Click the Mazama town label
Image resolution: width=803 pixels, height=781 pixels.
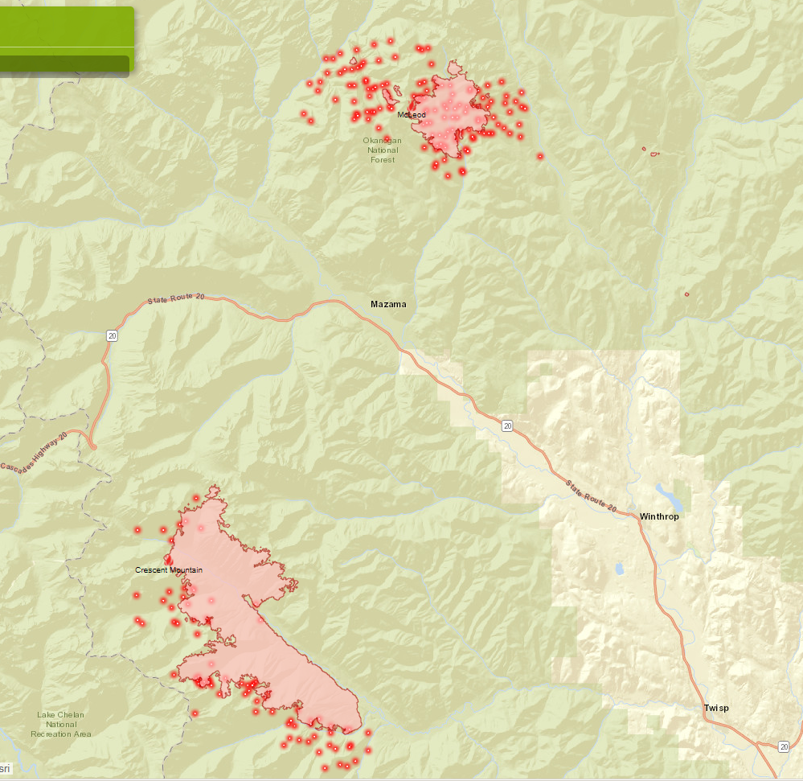(x=388, y=304)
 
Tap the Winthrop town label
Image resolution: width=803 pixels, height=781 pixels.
(x=659, y=516)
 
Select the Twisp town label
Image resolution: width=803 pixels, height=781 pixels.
(x=716, y=708)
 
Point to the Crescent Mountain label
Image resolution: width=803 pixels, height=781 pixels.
(x=169, y=570)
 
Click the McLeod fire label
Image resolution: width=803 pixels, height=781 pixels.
(x=412, y=115)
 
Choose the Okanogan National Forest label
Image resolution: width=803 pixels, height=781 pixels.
(x=383, y=150)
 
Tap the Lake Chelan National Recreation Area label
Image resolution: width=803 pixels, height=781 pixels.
(x=61, y=724)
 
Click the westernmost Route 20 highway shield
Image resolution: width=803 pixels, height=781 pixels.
(x=112, y=335)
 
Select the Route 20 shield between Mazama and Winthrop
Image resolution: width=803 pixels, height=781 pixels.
(x=506, y=425)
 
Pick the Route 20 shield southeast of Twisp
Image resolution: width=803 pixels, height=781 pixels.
(x=784, y=746)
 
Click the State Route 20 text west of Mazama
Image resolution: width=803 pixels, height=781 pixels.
(x=176, y=299)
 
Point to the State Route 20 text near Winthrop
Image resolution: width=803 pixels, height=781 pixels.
(x=590, y=497)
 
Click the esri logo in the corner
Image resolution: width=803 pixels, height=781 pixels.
(x=6, y=769)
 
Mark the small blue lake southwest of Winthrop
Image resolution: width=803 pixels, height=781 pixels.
(x=619, y=569)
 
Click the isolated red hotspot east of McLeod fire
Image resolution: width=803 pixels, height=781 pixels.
(x=540, y=156)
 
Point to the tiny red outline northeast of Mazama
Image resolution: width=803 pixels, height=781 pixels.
(x=687, y=294)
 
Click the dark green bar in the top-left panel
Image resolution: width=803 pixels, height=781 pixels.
(x=64, y=66)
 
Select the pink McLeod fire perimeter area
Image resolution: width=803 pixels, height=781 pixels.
(x=454, y=113)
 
